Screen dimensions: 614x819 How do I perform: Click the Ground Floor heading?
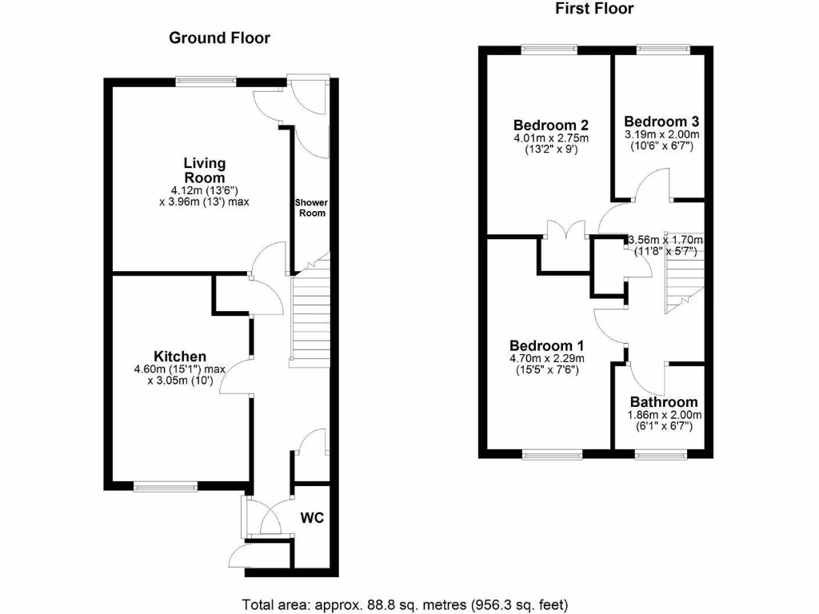(x=219, y=38)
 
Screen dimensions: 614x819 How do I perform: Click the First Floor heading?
(x=594, y=9)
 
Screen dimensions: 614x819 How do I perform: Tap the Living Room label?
(x=205, y=170)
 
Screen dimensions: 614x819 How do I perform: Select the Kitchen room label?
(x=181, y=356)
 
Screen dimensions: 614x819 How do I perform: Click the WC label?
(x=312, y=518)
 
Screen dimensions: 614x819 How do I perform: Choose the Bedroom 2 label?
(x=551, y=125)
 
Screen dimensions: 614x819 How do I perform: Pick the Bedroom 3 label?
(x=661, y=122)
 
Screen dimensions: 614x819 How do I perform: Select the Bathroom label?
(x=663, y=402)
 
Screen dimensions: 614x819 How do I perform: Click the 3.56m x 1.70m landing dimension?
(x=665, y=240)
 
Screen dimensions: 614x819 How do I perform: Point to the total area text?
(x=406, y=604)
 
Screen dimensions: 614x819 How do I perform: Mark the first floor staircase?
(x=682, y=284)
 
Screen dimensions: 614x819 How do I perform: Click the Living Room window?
(x=206, y=79)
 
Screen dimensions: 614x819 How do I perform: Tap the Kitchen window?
(x=166, y=485)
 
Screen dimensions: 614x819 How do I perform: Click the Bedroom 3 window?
(x=663, y=49)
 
